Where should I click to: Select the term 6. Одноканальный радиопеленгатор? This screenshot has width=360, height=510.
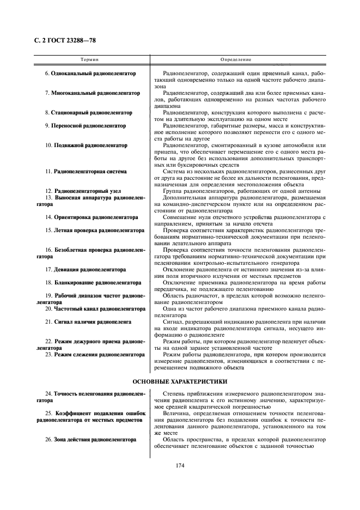(90, 73)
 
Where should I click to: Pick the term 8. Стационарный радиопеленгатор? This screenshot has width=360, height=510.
(89, 112)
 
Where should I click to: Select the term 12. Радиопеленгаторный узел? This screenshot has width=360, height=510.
(87, 191)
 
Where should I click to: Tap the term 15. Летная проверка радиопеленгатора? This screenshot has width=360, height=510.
(91, 230)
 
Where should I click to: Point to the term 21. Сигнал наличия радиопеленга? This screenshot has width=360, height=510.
(88, 321)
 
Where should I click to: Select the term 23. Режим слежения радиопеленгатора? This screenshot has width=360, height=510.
(91, 354)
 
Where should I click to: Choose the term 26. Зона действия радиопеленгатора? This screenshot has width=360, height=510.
(90, 439)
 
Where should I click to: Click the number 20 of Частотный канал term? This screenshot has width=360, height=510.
(48, 308)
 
